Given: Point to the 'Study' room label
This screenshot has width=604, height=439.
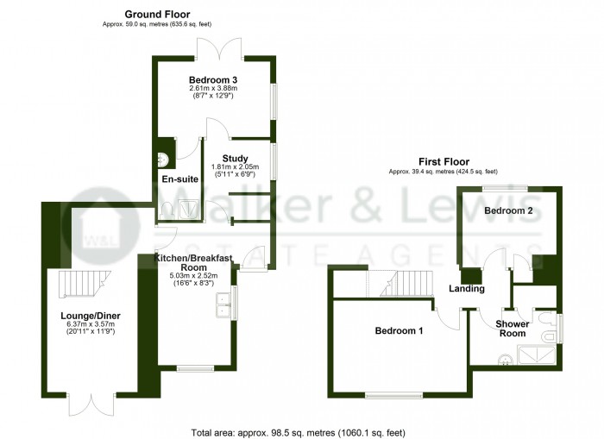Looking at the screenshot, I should point(235,159).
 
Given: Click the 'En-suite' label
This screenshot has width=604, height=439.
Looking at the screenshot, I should point(179,179).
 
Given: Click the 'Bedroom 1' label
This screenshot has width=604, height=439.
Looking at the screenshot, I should point(398,330).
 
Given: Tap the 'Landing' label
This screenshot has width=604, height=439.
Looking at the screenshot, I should point(467,289).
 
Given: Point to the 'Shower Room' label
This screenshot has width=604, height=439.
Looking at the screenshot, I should point(512,329).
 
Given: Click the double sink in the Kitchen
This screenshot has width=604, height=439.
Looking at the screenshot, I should point(223,306).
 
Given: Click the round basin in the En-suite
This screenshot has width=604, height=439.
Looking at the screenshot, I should point(162,158).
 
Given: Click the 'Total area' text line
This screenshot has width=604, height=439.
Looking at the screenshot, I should point(297,431).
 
